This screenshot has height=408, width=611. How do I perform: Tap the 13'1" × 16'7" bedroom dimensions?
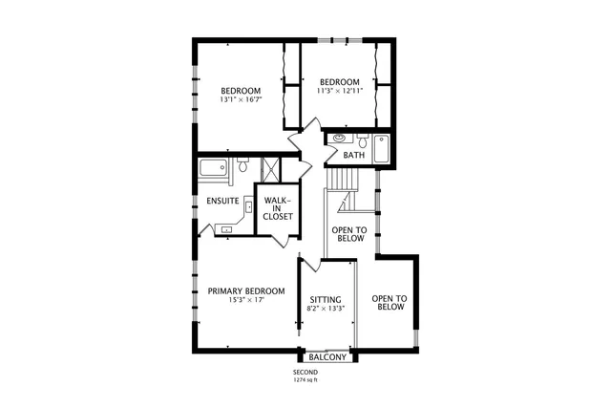pyautogui.click(x=241, y=99)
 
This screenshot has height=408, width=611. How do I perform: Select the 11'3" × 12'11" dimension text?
pyautogui.click(x=339, y=91)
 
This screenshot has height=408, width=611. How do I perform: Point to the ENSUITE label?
pyautogui.click(x=222, y=201)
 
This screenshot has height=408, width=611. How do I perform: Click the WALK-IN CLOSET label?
pyautogui.click(x=278, y=208)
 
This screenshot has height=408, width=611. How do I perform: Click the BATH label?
pyautogui.click(x=354, y=155)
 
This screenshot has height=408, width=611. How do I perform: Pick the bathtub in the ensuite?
pyautogui.click(x=214, y=170)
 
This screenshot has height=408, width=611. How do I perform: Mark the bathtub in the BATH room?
pyautogui.click(x=382, y=150)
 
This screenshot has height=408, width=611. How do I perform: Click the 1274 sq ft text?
pyautogui.click(x=305, y=380)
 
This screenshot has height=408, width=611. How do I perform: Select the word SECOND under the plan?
pyautogui.click(x=305, y=373)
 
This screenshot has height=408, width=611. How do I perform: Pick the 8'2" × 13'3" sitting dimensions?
pyautogui.click(x=327, y=309)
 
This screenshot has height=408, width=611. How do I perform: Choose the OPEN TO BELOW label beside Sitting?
pyautogui.click(x=390, y=303)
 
